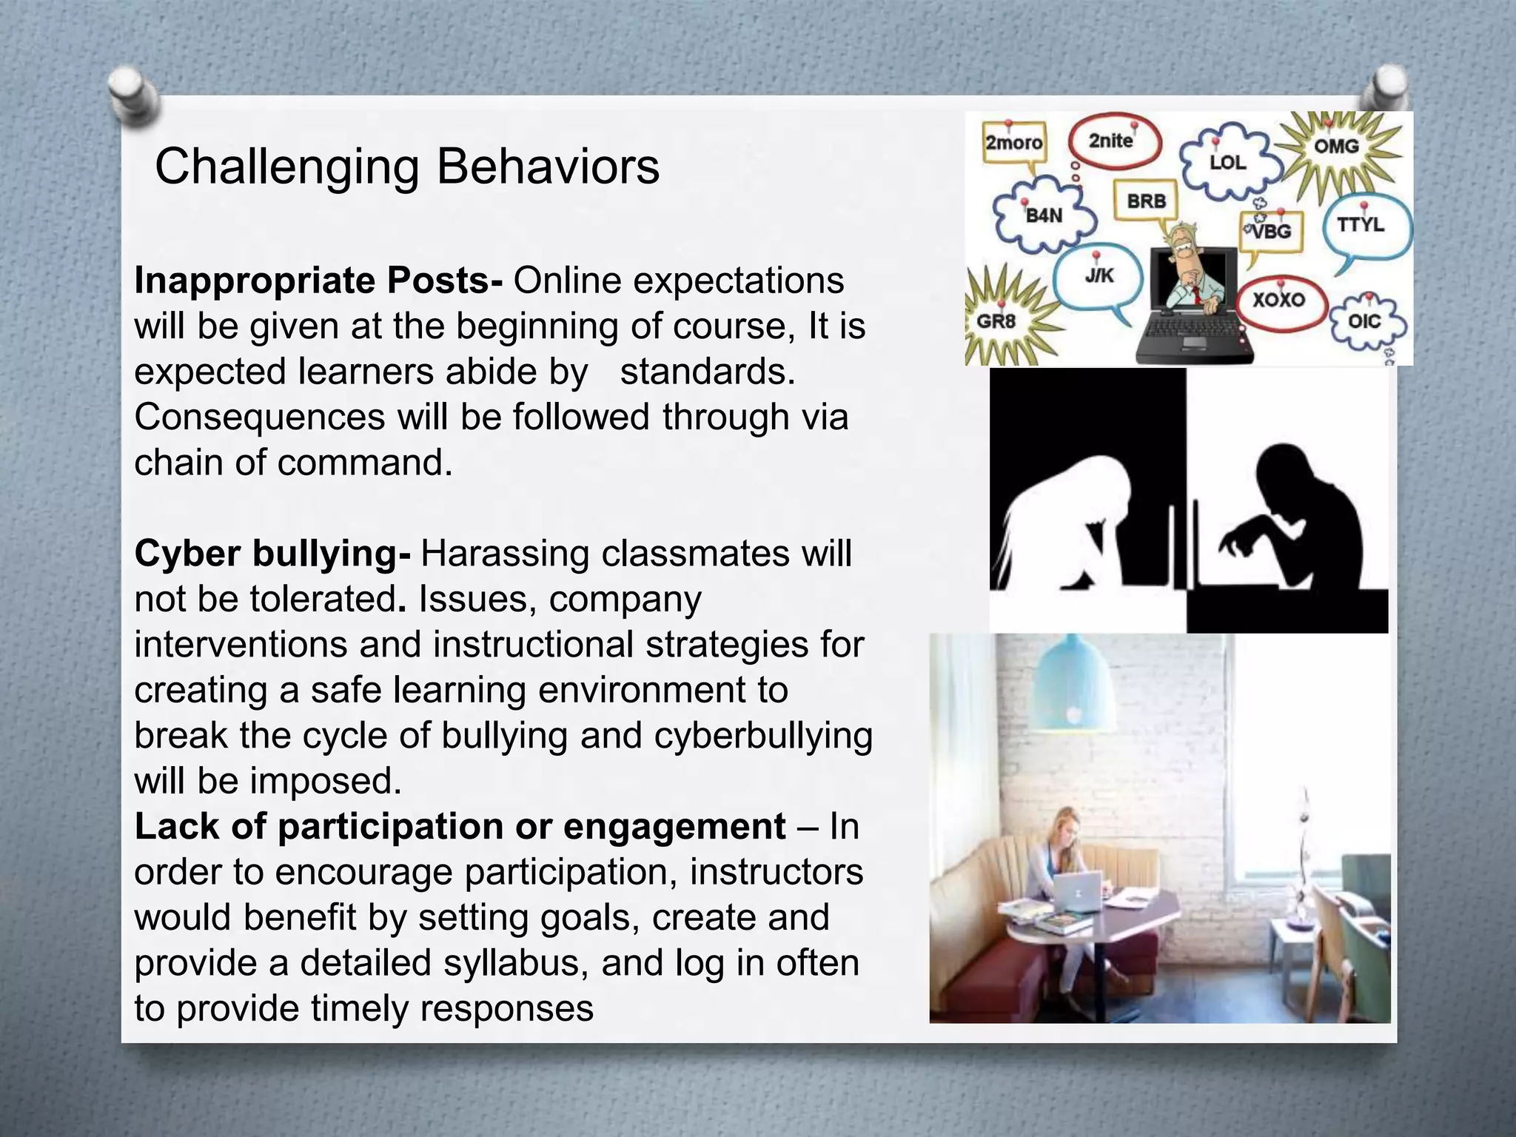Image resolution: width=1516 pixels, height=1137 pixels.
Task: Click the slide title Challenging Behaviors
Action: click(x=406, y=167)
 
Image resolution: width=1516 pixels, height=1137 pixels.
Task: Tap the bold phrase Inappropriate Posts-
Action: click(x=319, y=281)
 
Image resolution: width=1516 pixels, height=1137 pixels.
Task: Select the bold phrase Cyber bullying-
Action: click(x=272, y=554)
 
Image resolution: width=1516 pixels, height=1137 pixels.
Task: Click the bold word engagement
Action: click(x=674, y=827)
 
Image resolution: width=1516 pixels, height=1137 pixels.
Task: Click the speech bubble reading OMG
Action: click(x=1336, y=146)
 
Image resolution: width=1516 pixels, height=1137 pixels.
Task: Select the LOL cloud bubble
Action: click(x=1227, y=162)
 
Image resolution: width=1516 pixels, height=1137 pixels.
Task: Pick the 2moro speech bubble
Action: click(x=1013, y=142)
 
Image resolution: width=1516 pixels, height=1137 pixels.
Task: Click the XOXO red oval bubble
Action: click(x=1278, y=300)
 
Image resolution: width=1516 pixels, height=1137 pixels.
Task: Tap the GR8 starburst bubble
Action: click(x=996, y=321)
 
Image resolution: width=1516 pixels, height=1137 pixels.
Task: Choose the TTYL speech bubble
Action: click(x=1361, y=224)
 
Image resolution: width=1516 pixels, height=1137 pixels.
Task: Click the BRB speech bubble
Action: click(x=1146, y=201)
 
